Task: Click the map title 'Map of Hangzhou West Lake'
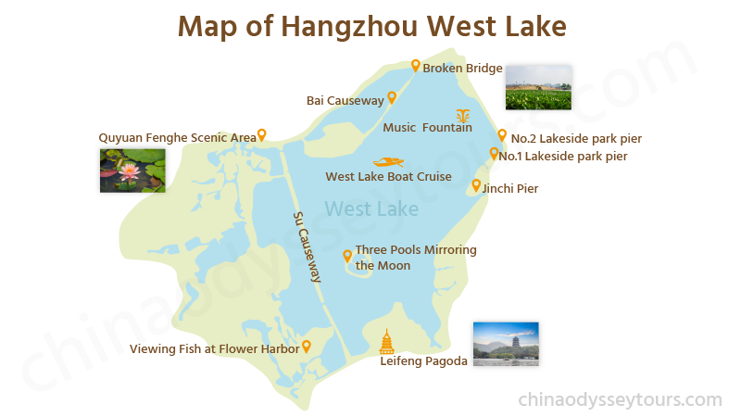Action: [x=371, y=25]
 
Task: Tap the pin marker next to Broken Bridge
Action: [x=416, y=66]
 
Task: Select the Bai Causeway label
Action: [x=345, y=100]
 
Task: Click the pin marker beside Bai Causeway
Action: [x=392, y=97]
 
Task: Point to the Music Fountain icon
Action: [x=463, y=116]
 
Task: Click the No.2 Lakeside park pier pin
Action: [x=502, y=135]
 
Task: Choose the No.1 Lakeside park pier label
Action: [x=563, y=156]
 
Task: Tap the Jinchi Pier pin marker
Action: [x=476, y=185]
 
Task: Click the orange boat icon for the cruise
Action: [x=388, y=161]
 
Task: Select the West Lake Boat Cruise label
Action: [x=388, y=176]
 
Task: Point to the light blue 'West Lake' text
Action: [x=372, y=208]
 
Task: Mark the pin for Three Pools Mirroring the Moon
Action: [x=347, y=256]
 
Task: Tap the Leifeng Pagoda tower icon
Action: [x=387, y=341]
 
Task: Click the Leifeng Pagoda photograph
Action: [x=505, y=344]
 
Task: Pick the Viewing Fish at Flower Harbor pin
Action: [x=306, y=347]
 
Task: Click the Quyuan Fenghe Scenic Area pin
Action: [x=262, y=135]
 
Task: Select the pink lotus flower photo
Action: [x=132, y=171]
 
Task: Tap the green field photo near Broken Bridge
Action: [x=537, y=88]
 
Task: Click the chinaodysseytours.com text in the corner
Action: [x=619, y=400]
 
